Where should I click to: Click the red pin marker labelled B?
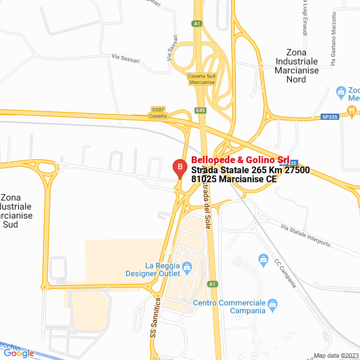click(x=179, y=167)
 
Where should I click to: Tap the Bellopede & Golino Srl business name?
click(x=240, y=160)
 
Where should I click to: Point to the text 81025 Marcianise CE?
click(x=234, y=179)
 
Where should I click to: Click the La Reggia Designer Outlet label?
click(x=154, y=269)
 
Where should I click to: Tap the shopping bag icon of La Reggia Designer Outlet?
click(x=187, y=267)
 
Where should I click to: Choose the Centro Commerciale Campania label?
click(x=229, y=307)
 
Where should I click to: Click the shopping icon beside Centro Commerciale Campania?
click(x=273, y=304)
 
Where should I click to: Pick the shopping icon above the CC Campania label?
click(x=263, y=259)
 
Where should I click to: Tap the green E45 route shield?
click(x=201, y=110)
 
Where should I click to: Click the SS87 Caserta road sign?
click(x=158, y=112)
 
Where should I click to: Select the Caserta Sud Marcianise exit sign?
click(x=201, y=79)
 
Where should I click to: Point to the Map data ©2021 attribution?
click(x=336, y=355)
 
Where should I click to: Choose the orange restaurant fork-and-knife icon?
click(x=352, y=110)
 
